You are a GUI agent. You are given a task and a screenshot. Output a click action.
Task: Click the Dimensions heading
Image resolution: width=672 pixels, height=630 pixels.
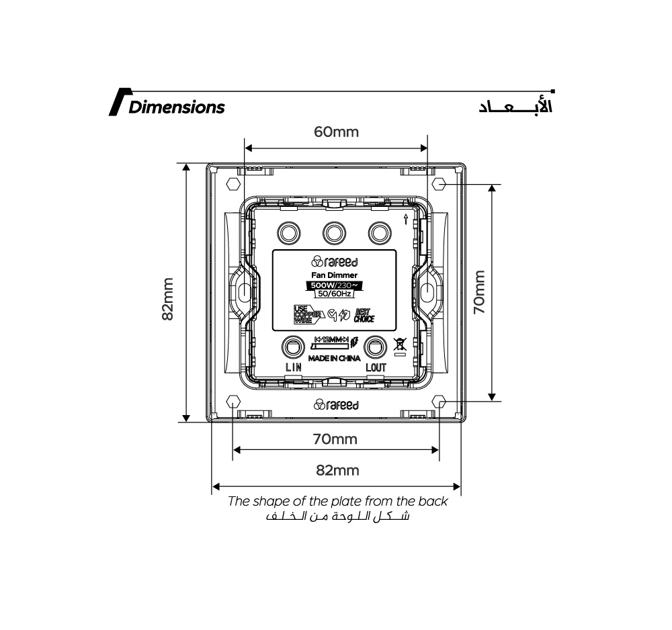(176, 107)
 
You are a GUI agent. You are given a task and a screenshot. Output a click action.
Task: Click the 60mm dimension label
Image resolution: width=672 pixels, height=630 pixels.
(336, 132)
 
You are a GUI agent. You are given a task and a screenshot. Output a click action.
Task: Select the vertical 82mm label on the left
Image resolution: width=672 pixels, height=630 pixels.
(168, 299)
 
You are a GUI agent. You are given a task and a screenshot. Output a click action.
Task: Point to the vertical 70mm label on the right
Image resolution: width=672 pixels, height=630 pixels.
(478, 293)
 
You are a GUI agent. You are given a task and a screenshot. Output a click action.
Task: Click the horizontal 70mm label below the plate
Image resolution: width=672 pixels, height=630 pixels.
(335, 440)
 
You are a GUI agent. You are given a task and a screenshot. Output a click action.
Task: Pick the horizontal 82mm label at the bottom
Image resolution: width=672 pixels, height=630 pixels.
(337, 470)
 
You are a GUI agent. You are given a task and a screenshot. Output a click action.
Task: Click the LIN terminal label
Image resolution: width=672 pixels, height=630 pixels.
(294, 367)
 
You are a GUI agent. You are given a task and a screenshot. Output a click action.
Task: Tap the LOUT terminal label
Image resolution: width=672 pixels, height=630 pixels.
(376, 367)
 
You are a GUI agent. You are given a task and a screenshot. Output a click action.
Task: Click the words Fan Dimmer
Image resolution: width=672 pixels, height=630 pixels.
(334, 275)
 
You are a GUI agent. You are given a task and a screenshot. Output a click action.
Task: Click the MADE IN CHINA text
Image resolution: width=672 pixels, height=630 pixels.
(334, 359)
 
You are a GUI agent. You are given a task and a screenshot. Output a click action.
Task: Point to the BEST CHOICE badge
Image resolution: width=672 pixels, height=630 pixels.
(364, 316)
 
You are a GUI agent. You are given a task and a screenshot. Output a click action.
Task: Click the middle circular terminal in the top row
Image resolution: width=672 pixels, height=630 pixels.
(334, 233)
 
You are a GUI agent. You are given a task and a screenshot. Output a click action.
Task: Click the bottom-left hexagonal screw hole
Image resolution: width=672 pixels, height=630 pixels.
(233, 402)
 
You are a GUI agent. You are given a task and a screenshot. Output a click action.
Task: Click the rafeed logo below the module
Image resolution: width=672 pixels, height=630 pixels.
(336, 405)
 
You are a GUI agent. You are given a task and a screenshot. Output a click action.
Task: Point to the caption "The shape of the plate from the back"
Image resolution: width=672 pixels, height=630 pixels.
(337, 501)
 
